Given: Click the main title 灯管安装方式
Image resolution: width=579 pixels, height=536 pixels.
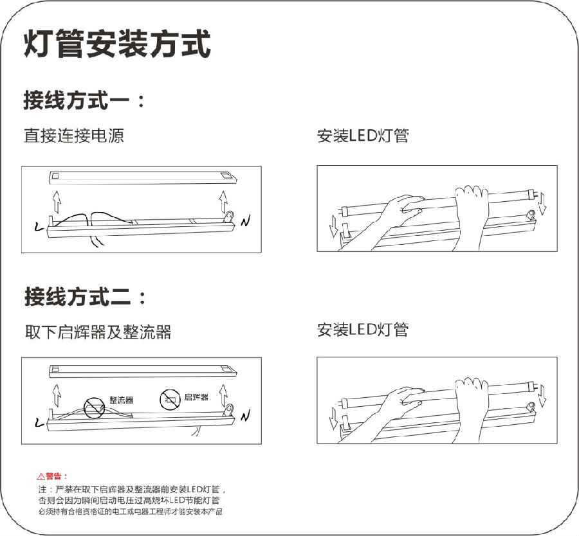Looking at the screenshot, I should coord(117,45).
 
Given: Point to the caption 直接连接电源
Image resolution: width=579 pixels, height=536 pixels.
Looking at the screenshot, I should coord(73,136).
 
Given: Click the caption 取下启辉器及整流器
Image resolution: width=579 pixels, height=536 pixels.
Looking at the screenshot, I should coord(98,332).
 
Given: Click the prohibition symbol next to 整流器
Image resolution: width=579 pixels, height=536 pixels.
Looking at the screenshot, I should coord(95,405).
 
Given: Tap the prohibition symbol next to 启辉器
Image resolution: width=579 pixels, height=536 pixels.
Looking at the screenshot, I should coord(170,399).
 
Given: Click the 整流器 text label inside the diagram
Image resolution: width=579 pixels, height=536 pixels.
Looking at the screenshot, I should coord(121,400).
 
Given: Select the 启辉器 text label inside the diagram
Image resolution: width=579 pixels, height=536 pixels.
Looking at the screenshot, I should coord(196,397).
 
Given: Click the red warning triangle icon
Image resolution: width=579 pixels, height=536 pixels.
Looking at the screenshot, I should coord(41,476).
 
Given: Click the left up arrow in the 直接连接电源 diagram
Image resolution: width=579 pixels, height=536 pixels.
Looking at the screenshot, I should coord(57,203).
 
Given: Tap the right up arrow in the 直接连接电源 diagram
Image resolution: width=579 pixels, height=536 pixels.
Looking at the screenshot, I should coord(223,201).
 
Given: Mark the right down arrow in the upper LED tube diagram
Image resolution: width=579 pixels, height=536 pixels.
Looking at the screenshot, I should coord(542,204).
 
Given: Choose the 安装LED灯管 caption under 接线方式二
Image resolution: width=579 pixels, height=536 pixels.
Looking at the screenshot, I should coord(363,330).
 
